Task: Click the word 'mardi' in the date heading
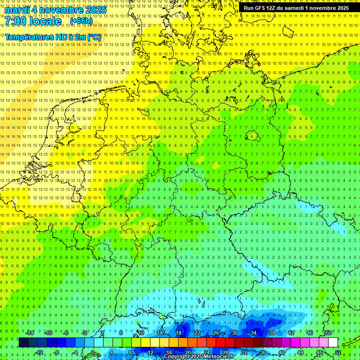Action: tap(17, 10)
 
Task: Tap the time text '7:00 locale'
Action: tap(33, 21)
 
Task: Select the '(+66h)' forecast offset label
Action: tap(81, 21)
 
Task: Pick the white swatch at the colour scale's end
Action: tap(333, 343)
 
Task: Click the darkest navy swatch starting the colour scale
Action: tap(23, 343)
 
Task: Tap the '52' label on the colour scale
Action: tap(337, 352)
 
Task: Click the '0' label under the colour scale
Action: tap(93, 352)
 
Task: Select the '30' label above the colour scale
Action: tap(234, 333)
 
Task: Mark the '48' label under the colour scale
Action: tap(319, 352)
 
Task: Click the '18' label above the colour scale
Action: tap(178, 333)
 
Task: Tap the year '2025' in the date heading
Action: tap(94, 10)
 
